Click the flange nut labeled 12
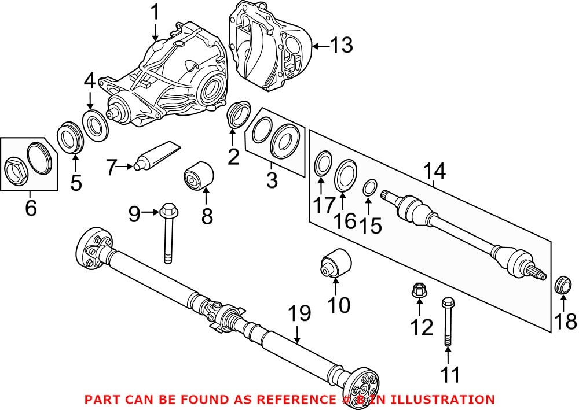pos(418,290)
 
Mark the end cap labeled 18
pos(563,285)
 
